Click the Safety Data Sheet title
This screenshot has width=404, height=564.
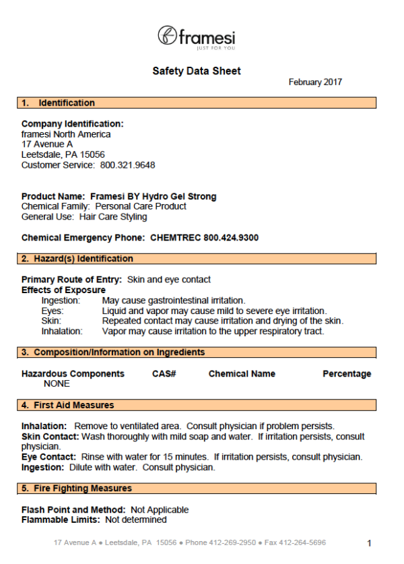pyautogui.click(x=197, y=71)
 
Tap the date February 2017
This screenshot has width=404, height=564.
pyautogui.click(x=315, y=82)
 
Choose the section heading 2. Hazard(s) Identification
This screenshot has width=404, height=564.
pyautogui.click(x=77, y=259)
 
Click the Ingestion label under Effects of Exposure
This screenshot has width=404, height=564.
pyautogui.click(x=61, y=301)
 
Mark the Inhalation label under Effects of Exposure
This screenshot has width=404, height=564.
pyautogui.click(x=62, y=331)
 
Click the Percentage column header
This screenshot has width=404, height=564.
pyautogui.click(x=347, y=374)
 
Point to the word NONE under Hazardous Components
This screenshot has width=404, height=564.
pyautogui.click(x=57, y=384)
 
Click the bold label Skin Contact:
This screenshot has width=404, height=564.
pyautogui.click(x=50, y=437)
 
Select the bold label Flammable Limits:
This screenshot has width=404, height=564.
pyautogui.click(x=61, y=520)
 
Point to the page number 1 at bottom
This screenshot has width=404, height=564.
pyautogui.click(x=369, y=543)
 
